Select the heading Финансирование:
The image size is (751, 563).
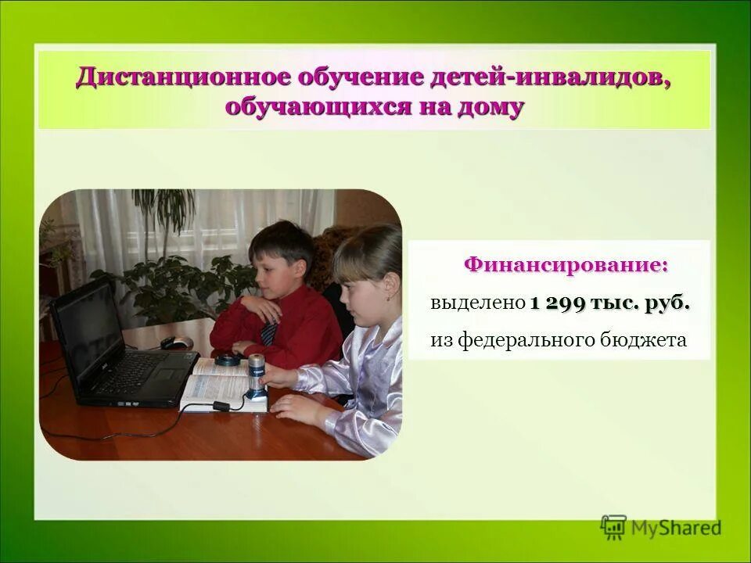pyautogui.click(x=566, y=265)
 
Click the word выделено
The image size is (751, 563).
pyautogui.click(x=476, y=303)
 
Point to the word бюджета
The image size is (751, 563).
pyautogui.click(x=651, y=340)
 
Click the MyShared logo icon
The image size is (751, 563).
pyautogui.click(x=614, y=527)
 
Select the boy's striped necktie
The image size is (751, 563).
pyautogui.click(x=268, y=334)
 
